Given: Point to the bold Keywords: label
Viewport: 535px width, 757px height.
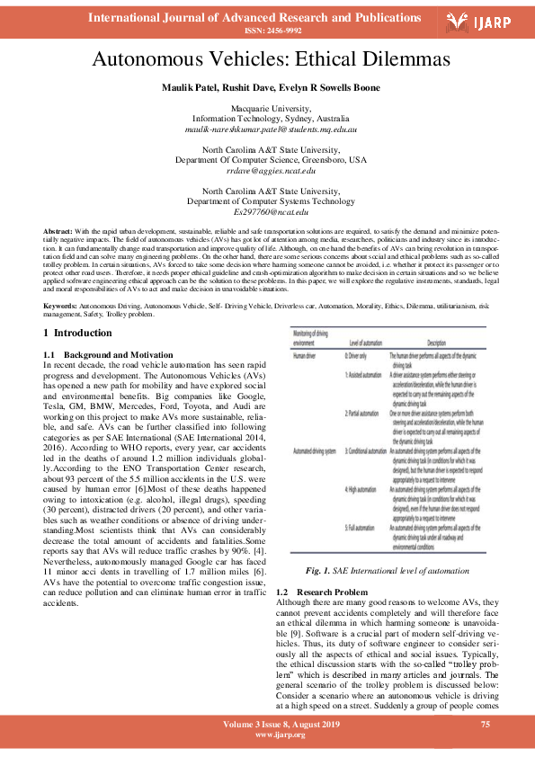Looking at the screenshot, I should pyautogui.click(x=61, y=307).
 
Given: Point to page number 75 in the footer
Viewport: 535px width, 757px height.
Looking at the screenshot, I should pyautogui.click(x=485, y=725).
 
